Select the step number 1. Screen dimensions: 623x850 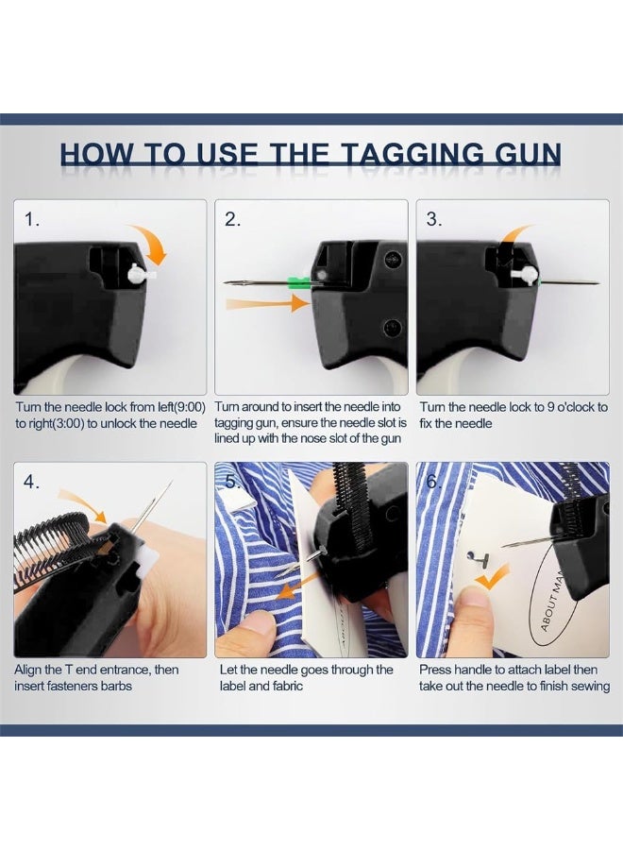(x=31, y=219)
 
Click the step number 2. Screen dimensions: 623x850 (x=232, y=219)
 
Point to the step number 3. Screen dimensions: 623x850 (x=434, y=219)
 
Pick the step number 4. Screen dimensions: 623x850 (x=31, y=482)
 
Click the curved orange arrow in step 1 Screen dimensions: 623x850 (x=153, y=244)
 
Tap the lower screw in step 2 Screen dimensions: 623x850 (x=393, y=327)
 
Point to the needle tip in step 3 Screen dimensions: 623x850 (x=599, y=282)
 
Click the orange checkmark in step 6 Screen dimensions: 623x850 (x=492, y=577)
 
